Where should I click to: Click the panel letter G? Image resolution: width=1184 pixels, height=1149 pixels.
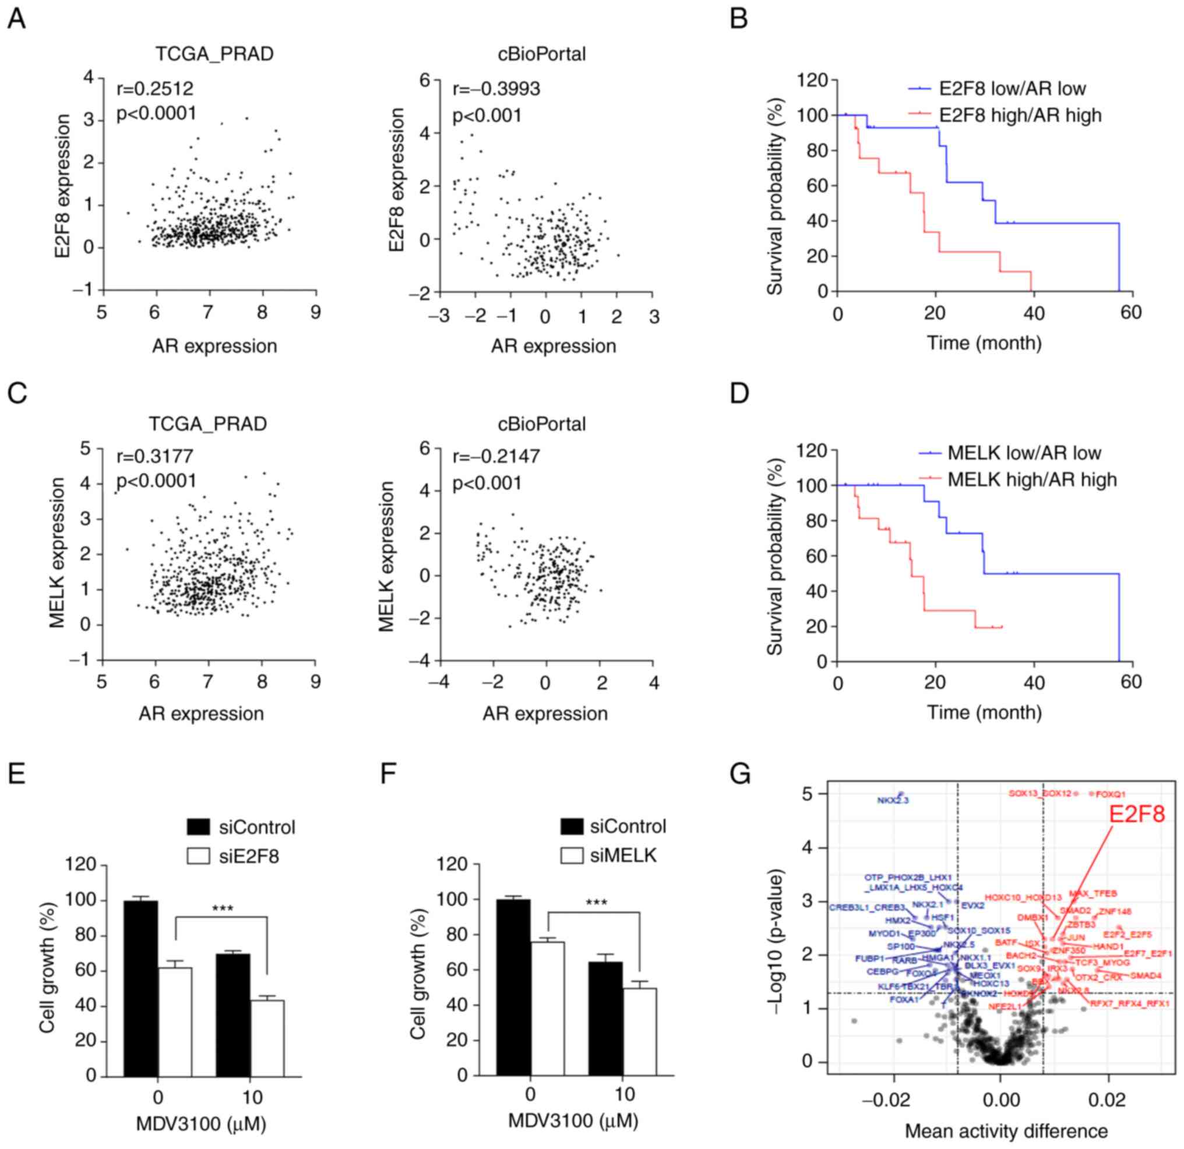(x=740, y=775)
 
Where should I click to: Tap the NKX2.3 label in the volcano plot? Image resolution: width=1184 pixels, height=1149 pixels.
(x=893, y=801)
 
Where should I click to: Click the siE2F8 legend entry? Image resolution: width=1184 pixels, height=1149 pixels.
(x=249, y=856)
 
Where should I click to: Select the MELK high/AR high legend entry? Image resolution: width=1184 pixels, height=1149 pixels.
(x=1032, y=480)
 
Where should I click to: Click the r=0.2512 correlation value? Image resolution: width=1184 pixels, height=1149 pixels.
(x=155, y=89)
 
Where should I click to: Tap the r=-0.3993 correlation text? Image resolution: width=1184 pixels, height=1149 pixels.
(x=496, y=89)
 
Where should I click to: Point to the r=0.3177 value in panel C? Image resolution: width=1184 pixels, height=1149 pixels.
(x=155, y=456)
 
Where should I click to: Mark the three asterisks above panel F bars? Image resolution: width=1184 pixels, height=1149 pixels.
(x=597, y=903)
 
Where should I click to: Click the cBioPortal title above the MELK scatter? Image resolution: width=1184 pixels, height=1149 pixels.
(x=541, y=425)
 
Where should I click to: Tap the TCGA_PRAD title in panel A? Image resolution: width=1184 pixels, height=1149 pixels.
(x=214, y=54)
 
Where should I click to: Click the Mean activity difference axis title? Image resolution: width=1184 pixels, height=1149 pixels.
(x=1006, y=1131)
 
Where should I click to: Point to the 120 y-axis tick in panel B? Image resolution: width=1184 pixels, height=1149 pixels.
(x=813, y=80)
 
